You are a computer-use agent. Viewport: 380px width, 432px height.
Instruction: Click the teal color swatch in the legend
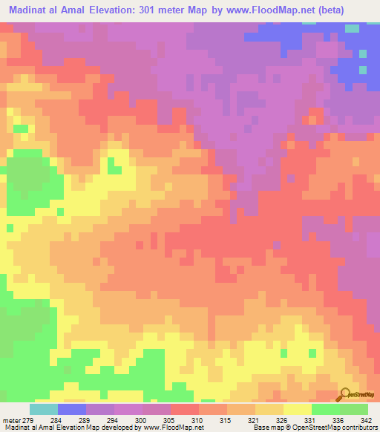pos(43,409)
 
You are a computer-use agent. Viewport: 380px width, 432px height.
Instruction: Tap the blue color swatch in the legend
pos(72,409)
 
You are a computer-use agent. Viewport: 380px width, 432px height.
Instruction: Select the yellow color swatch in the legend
pos(297,409)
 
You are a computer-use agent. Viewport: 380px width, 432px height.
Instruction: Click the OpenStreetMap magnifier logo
pos(346,395)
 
